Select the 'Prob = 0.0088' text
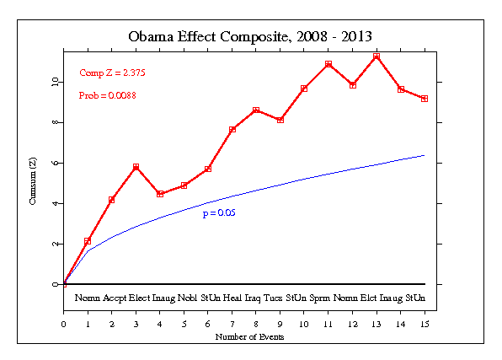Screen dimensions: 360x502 108,95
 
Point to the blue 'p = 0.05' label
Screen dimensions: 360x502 217,214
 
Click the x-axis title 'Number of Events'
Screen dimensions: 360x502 250,337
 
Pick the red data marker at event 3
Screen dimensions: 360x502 136,167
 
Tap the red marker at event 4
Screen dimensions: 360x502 160,194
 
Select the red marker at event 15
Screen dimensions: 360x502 425,99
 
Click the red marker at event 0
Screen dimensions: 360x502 64,284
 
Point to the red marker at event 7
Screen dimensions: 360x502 232,129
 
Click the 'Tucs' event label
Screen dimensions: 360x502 273,298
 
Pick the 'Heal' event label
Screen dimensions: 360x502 233,298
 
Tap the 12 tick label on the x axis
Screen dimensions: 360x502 352,321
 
